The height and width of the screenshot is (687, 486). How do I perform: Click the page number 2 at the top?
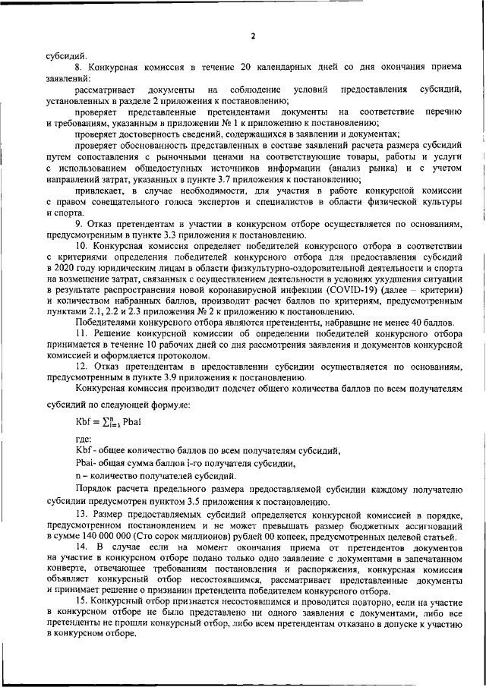253,36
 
